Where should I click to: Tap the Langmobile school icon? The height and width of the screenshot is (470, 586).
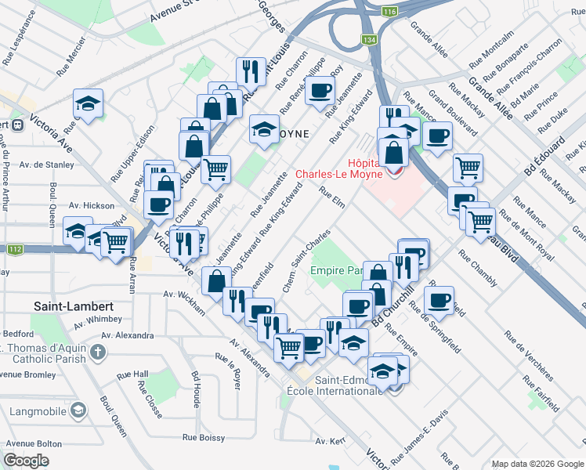[x=78, y=410]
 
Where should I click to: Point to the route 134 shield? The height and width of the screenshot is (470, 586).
[x=369, y=38]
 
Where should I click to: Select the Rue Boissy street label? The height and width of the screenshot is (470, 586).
[x=202, y=438]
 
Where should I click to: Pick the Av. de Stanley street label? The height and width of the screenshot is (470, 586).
[x=47, y=164]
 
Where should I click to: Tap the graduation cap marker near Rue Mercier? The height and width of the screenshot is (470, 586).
[x=89, y=103]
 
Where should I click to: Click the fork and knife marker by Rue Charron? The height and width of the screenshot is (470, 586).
[x=250, y=72]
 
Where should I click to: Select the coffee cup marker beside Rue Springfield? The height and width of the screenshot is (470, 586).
[x=439, y=299]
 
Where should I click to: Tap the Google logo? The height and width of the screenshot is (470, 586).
[x=26, y=461]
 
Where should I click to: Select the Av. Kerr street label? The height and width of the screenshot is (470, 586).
[x=331, y=441]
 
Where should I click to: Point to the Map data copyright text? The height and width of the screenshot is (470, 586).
[x=537, y=463]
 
